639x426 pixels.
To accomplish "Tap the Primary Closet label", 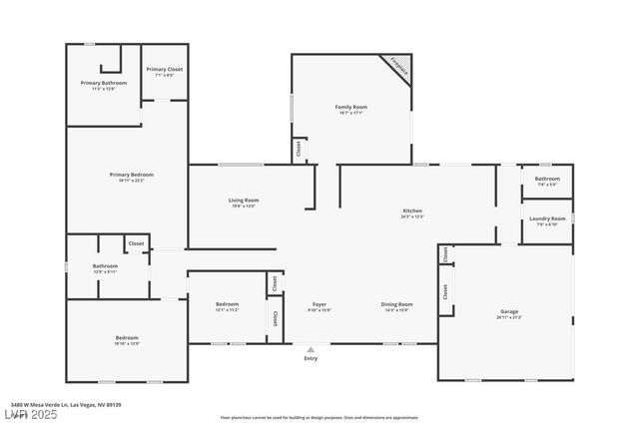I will point(164,69).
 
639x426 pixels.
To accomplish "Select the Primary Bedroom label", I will point(132,175).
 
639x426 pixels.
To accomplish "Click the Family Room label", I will point(350,107).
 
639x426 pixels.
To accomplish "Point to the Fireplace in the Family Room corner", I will point(399,67).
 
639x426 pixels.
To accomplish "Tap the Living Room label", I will point(244,201).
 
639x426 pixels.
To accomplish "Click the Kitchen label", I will point(412,212).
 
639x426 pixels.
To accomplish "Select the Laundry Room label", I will point(547,218).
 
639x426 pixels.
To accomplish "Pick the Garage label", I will point(509,312).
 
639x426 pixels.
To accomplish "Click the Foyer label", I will point(319,304).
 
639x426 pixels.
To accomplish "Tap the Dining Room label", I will point(396,304).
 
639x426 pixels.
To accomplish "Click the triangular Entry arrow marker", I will point(311,349).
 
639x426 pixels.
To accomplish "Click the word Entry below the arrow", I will point(311,359).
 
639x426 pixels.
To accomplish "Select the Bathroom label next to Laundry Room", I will point(547,179).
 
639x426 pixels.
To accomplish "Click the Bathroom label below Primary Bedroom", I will point(106,266).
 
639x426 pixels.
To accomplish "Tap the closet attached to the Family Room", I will point(298,149).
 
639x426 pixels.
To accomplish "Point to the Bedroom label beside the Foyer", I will point(227,304).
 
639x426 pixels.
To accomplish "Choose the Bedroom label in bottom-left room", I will point(127,338).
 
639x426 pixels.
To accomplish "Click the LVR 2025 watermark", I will point(27,414).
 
